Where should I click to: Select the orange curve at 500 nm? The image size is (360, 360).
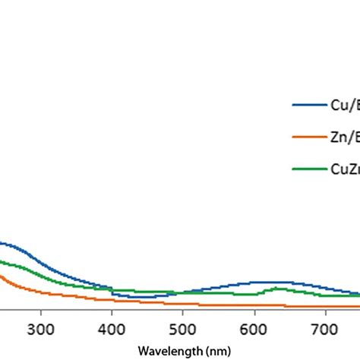coord(182,304)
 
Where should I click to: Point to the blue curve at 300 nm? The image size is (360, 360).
coord(40,262)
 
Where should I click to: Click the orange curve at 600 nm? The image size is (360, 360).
coord(254,305)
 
